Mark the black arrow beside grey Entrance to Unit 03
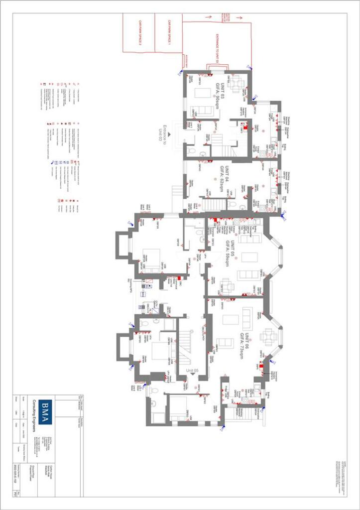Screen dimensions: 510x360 tap(169, 133)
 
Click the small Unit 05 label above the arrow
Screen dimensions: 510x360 tap(192, 371)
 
